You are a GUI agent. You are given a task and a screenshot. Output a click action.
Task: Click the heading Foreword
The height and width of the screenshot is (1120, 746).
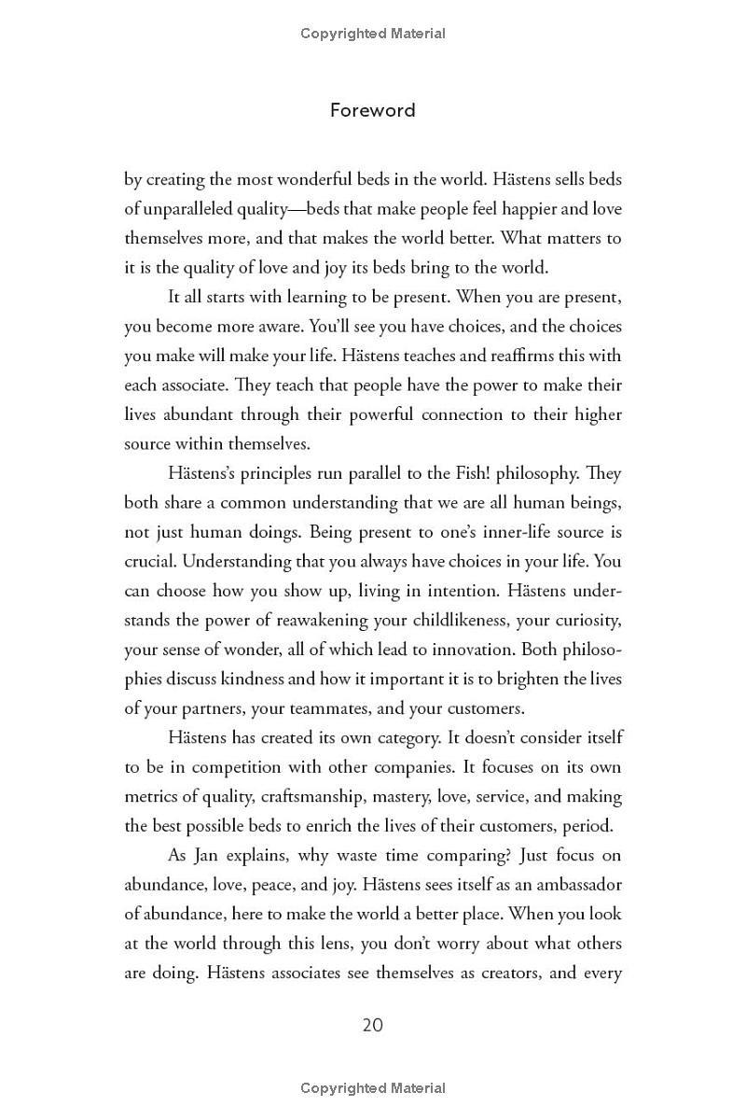(x=372, y=110)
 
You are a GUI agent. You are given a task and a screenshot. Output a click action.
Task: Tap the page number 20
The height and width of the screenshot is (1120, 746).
(x=372, y=1025)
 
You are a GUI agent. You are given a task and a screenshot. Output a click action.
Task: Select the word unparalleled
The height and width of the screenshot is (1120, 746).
(x=192, y=208)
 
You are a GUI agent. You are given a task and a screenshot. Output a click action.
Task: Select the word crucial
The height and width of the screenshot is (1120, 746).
(x=150, y=562)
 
